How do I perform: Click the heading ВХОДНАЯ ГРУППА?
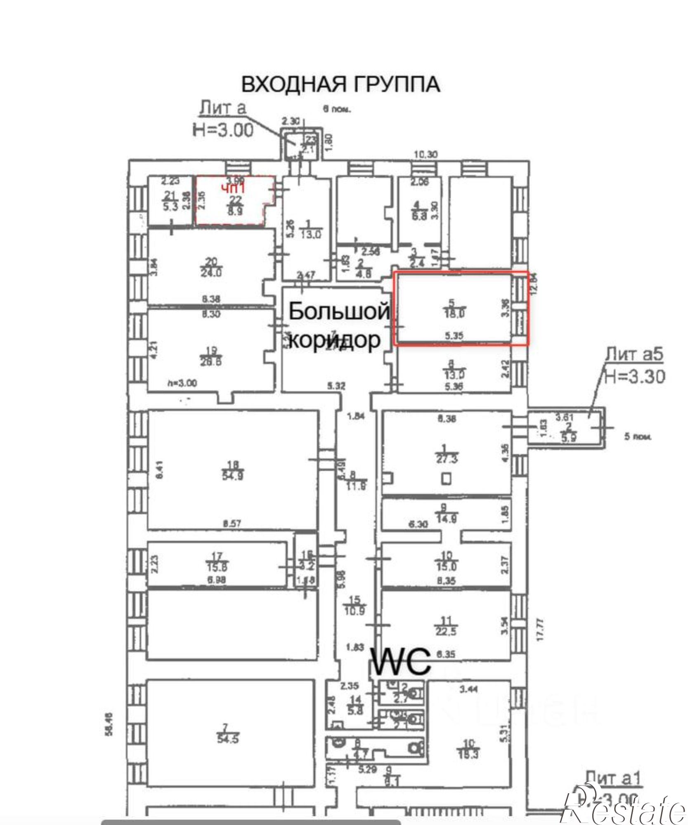[x=340, y=84]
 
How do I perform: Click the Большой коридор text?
[x=338, y=325]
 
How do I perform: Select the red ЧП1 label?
[x=233, y=189]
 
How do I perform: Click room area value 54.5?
[x=227, y=738]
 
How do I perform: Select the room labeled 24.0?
[x=211, y=272]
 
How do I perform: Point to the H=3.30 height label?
[x=634, y=376]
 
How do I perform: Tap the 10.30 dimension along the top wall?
[x=426, y=155]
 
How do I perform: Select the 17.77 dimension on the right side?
[x=540, y=629]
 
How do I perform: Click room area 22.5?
[x=446, y=631]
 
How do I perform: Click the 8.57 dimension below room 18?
[x=232, y=524]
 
